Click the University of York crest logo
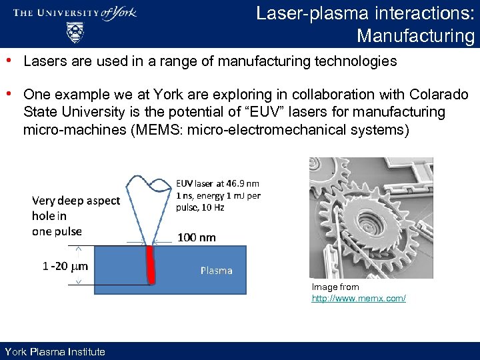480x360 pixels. (x=75, y=32)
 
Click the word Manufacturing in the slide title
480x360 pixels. (x=415, y=35)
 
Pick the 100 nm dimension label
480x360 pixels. (x=197, y=237)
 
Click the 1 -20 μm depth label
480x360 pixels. (x=65, y=266)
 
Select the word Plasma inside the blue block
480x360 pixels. (x=217, y=271)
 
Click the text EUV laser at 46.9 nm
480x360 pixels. (x=218, y=183)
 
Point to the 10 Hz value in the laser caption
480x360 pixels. (x=213, y=207)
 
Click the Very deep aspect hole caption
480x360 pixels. (x=75, y=215)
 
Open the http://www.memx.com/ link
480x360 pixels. (x=359, y=298)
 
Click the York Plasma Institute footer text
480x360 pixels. (x=55, y=352)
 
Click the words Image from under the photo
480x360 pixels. (x=335, y=287)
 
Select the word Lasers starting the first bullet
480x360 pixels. (x=43, y=61)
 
